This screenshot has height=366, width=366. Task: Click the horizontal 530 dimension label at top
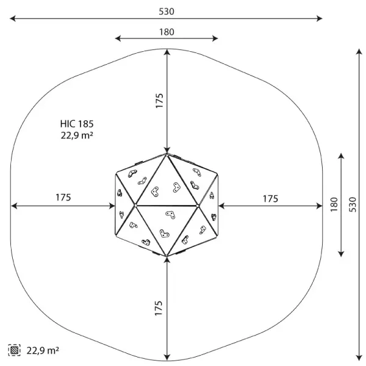click(x=167, y=12)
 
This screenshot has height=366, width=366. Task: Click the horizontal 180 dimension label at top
click(x=167, y=32)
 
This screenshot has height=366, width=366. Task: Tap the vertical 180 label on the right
click(x=334, y=204)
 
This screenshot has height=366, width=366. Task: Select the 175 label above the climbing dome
click(x=159, y=101)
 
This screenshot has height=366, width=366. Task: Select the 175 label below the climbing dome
click(x=158, y=308)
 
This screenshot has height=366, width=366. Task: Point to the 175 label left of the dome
click(x=63, y=198)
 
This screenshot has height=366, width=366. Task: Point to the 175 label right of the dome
click(x=270, y=199)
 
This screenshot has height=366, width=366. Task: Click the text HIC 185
click(x=77, y=124)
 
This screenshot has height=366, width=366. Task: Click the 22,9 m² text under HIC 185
click(x=77, y=135)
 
